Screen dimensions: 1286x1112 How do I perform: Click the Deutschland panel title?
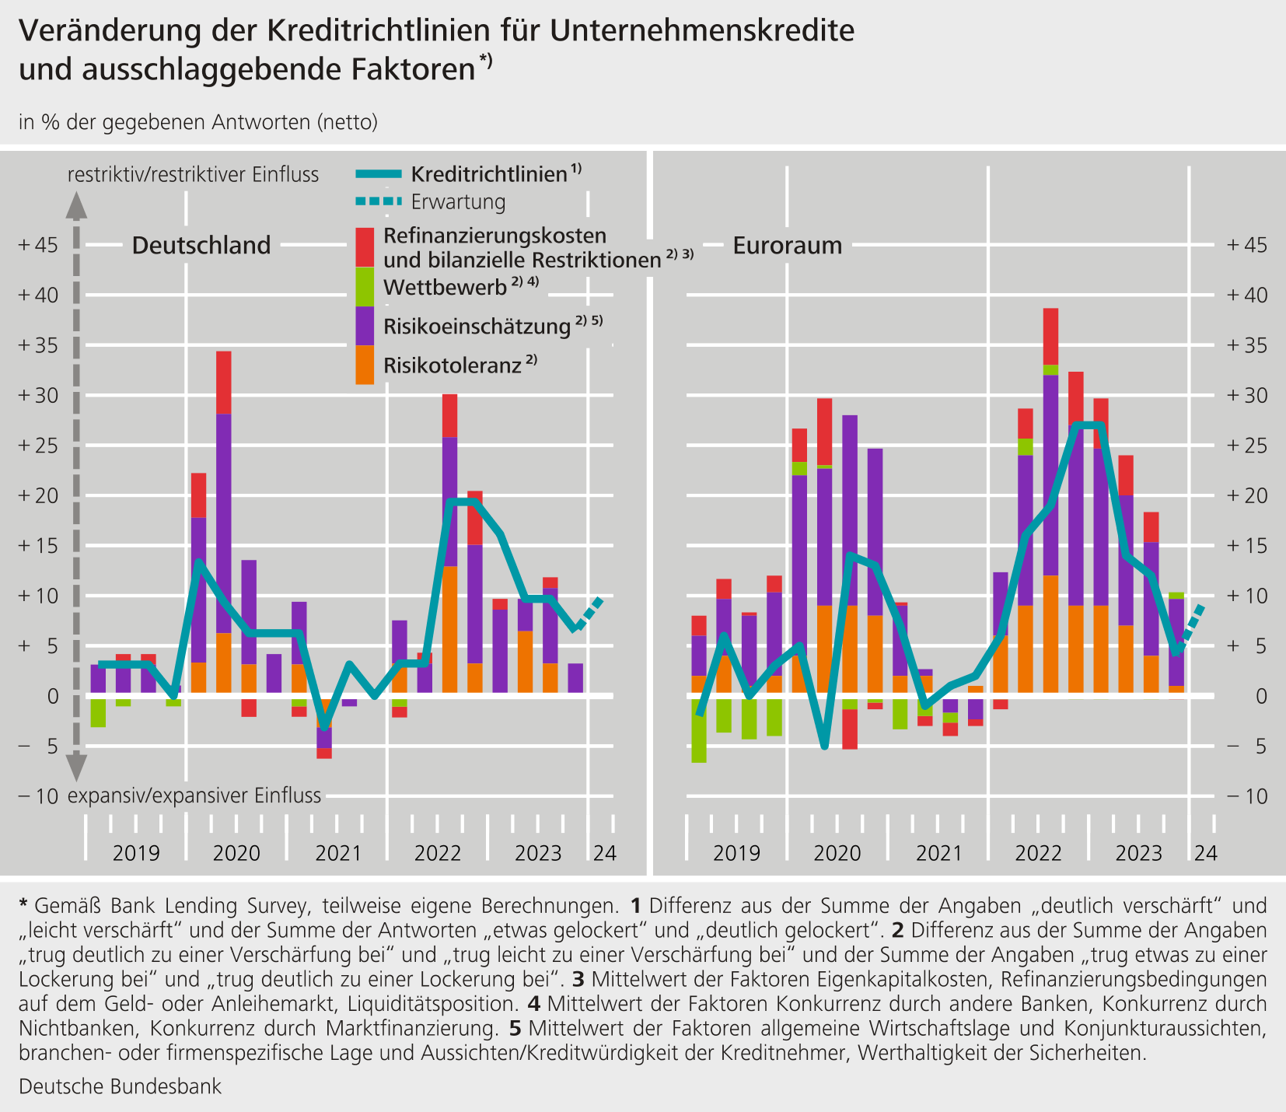tap(201, 246)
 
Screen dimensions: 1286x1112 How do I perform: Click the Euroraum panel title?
tap(788, 246)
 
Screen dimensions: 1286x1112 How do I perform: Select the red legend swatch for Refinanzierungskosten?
tap(365, 247)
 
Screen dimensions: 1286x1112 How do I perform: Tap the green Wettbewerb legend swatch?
tap(365, 287)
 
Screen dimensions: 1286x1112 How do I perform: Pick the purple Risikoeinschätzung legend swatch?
tap(365, 326)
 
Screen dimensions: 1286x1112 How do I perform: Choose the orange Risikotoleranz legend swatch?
tap(365, 365)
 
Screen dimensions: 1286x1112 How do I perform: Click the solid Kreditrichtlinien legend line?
tap(379, 173)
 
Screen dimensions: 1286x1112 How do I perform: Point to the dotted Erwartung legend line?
tap(379, 201)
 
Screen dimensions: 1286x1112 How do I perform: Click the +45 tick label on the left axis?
tap(38, 245)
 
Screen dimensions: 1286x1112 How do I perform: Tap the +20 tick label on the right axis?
tap(1247, 496)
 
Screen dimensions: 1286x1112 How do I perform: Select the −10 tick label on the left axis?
tap(38, 796)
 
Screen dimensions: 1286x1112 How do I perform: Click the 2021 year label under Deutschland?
tap(337, 853)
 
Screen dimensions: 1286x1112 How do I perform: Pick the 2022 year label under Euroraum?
tap(1039, 853)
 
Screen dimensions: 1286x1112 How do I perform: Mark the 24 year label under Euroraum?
tap(1206, 853)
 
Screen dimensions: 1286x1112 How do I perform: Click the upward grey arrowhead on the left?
tap(75, 205)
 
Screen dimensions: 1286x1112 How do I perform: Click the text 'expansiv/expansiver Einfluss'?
tap(194, 796)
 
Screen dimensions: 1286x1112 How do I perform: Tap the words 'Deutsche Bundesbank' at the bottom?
tap(120, 1086)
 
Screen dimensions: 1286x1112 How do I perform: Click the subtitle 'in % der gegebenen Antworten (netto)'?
tap(198, 122)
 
